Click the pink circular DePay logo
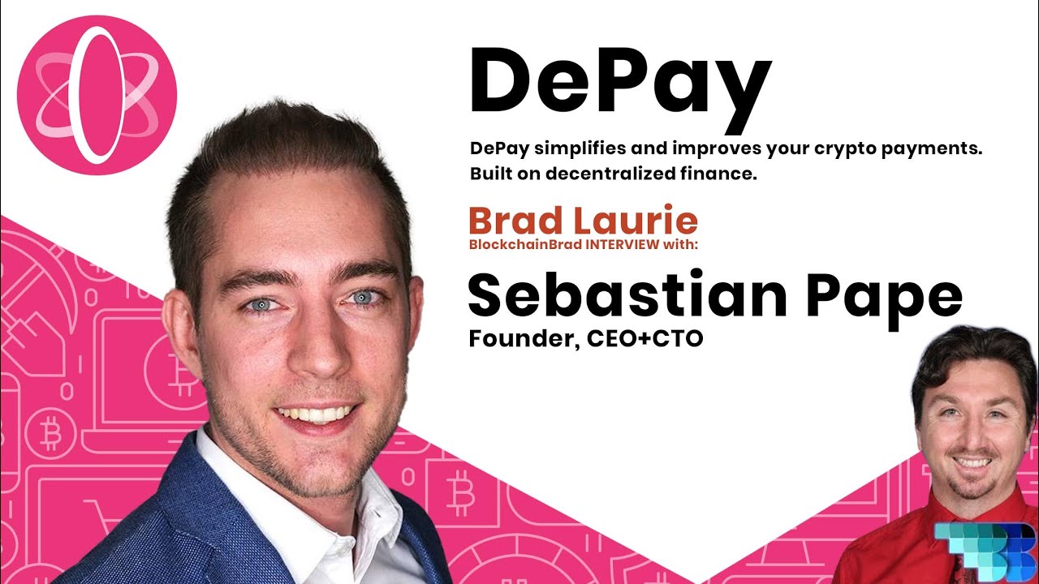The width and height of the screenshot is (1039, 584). click(x=97, y=96)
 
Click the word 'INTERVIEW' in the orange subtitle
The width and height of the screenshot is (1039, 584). click(x=623, y=244)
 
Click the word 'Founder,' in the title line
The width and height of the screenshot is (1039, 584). click(x=524, y=339)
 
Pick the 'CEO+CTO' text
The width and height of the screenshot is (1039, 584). click(x=645, y=338)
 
